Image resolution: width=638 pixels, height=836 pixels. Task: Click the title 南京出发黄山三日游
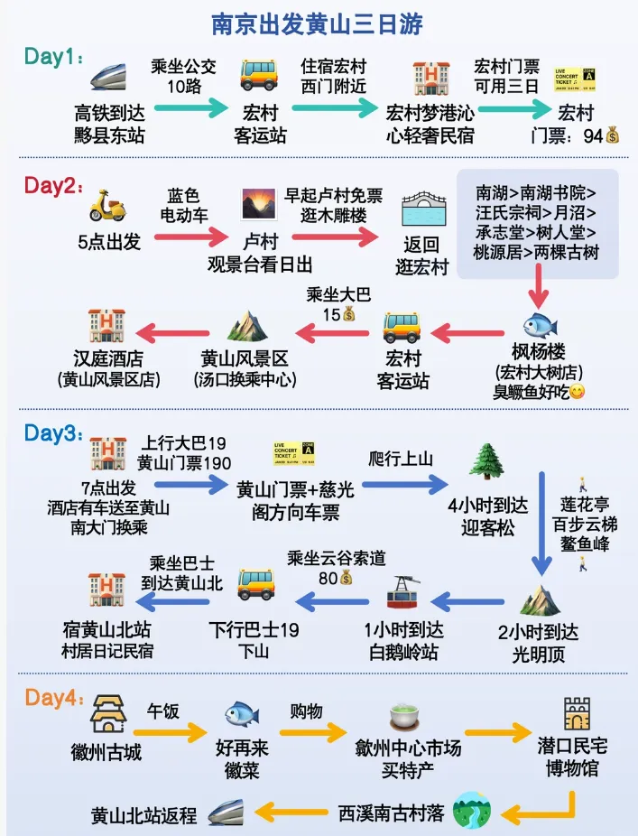318,22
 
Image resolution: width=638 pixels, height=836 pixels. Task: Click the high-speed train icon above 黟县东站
108,77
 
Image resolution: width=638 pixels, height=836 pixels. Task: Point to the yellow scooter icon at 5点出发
107,206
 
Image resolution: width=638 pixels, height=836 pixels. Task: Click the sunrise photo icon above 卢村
258,204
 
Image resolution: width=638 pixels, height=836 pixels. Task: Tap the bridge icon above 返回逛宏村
421,210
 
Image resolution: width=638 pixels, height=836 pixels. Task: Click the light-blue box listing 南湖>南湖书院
537,222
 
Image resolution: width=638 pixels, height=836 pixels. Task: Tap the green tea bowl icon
407,719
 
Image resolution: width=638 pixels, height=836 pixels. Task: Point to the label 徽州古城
106,751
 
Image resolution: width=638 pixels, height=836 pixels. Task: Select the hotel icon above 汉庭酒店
106,325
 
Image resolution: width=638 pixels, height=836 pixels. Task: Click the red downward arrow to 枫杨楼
539,291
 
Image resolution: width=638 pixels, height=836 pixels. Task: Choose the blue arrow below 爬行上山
404,485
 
